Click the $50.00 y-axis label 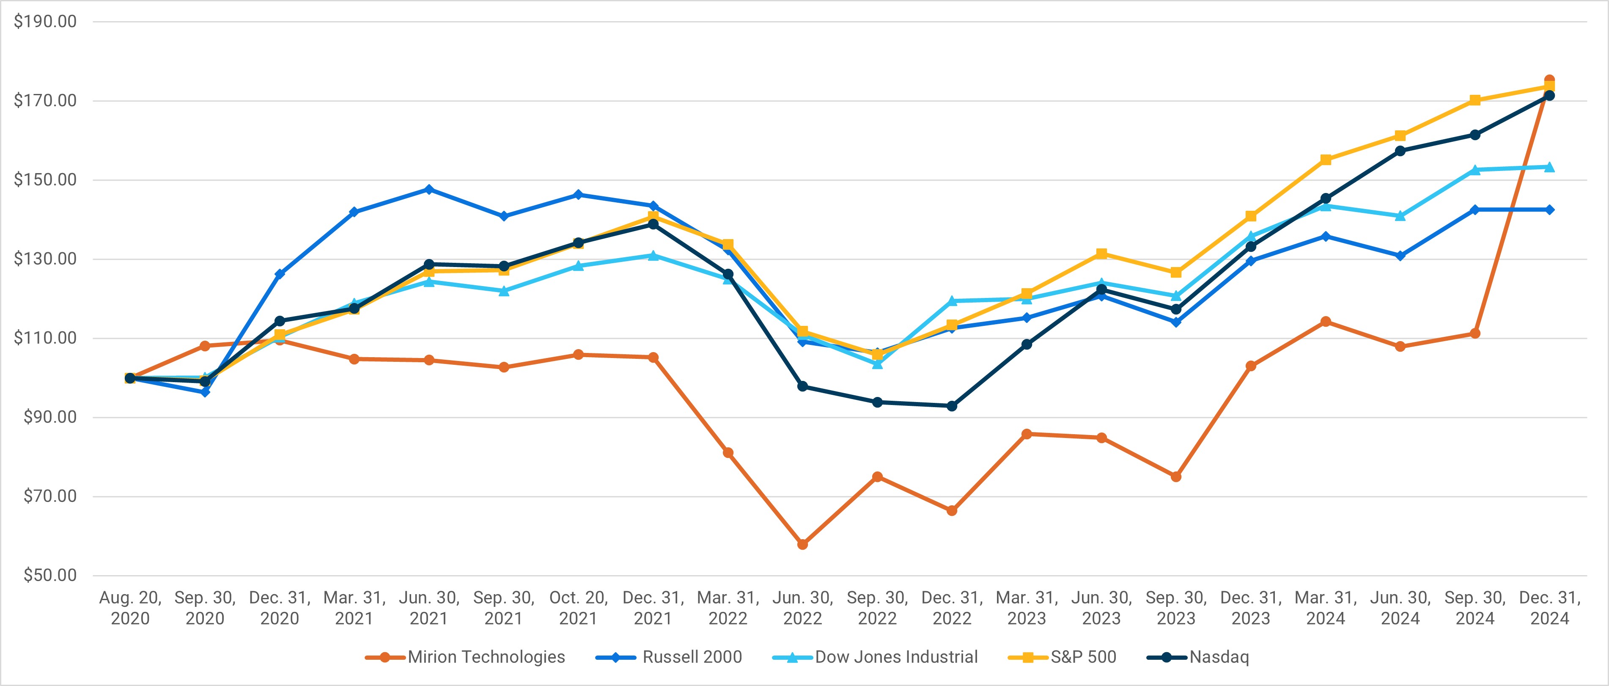50,576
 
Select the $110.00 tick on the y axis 45,338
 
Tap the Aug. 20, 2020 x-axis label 130,608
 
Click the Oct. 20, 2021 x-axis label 578,608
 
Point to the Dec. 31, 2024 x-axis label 1550,608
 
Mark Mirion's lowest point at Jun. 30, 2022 803,545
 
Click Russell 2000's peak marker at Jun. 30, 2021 429,189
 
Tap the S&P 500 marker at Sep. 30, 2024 1475,100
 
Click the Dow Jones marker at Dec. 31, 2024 1550,167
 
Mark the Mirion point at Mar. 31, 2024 1326,322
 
